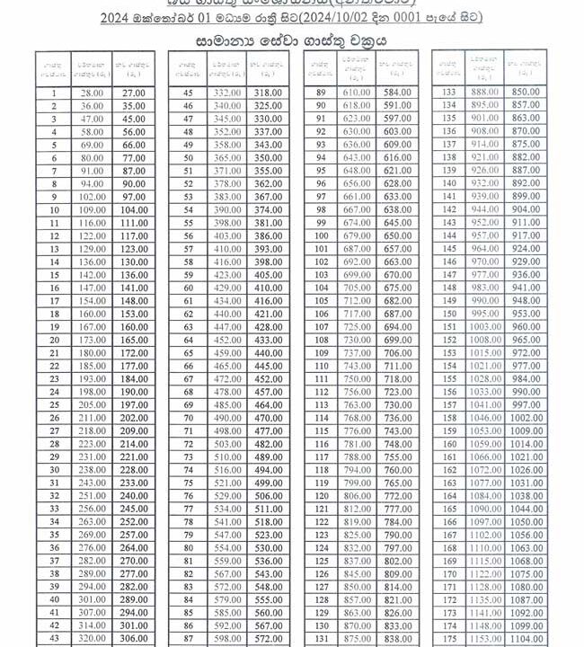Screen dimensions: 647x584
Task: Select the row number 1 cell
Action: click(x=54, y=93)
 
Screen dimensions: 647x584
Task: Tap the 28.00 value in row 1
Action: click(x=92, y=93)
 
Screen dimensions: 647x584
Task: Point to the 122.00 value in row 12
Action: click(x=92, y=235)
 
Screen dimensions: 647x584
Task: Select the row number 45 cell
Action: click(x=189, y=93)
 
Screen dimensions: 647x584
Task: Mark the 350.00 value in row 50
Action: click(x=268, y=157)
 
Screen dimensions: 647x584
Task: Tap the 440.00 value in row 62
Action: click(x=226, y=314)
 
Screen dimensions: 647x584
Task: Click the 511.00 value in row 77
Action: click(x=268, y=509)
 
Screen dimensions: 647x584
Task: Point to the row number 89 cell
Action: click(x=321, y=93)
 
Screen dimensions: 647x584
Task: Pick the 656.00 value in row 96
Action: click(x=357, y=183)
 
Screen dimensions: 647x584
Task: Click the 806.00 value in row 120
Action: click(x=357, y=495)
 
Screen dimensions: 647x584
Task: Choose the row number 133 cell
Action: click(x=452, y=93)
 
